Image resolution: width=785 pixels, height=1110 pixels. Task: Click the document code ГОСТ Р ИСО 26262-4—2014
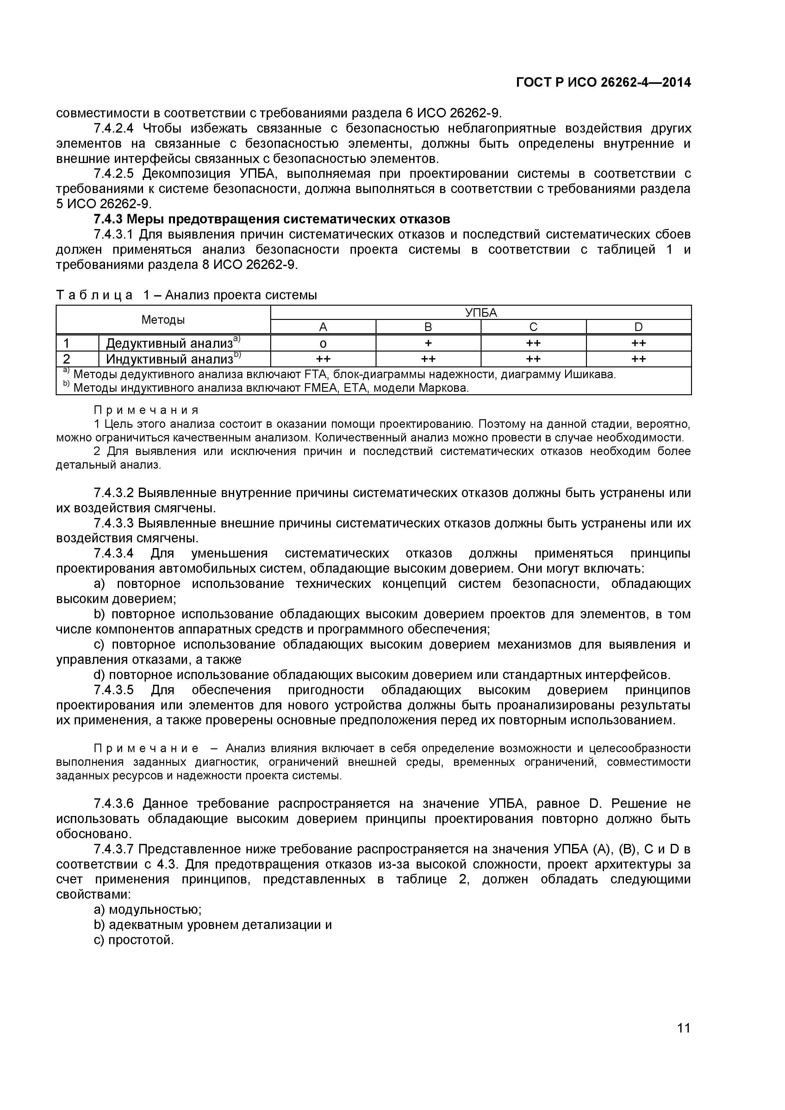(603, 83)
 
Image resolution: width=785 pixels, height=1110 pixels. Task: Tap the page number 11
(683, 1041)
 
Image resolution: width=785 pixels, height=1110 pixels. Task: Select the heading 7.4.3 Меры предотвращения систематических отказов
(272, 219)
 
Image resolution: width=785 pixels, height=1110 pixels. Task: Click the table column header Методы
(163, 320)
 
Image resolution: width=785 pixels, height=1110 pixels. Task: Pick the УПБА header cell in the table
(481, 312)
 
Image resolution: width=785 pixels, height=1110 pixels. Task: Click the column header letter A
(323, 327)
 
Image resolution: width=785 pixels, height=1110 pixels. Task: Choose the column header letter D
(638, 327)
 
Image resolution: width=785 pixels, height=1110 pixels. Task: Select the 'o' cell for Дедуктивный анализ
(323, 343)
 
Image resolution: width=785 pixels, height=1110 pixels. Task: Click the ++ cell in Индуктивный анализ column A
(323, 359)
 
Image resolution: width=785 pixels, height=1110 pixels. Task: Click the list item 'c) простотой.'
(134, 940)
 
